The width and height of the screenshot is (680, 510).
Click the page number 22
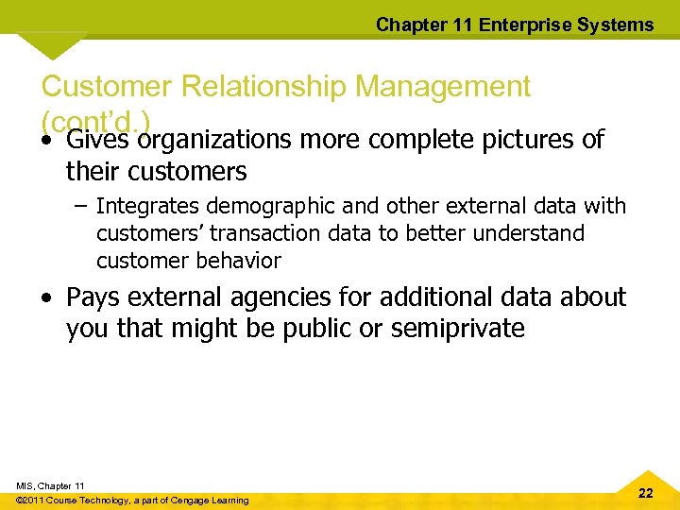(x=645, y=494)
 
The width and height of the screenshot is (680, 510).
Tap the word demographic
(x=250, y=206)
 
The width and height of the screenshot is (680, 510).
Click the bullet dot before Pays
(x=47, y=299)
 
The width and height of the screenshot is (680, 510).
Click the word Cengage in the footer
(x=187, y=501)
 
